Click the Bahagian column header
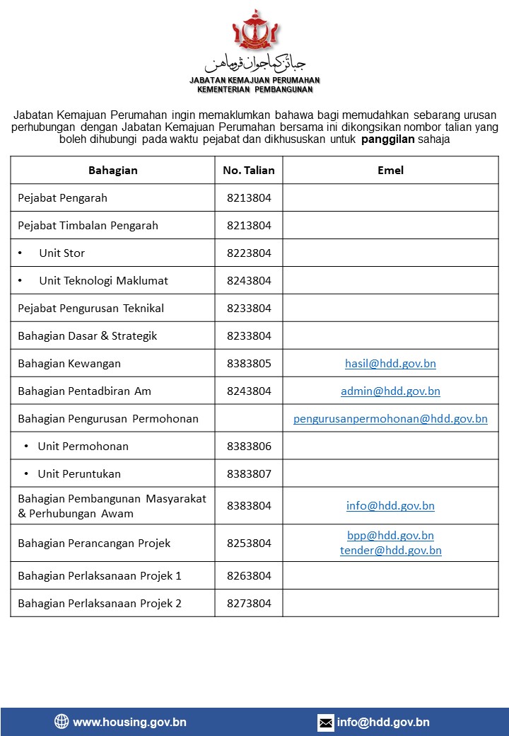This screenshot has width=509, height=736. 113,171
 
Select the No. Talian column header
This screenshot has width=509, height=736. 249,171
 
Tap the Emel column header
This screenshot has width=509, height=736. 391,171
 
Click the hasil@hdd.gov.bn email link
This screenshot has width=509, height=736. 390,364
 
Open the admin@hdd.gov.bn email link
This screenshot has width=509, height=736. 390,391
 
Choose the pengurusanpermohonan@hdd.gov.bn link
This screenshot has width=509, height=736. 390,419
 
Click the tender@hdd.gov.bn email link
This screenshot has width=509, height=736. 390,551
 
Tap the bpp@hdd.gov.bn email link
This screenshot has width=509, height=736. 390,536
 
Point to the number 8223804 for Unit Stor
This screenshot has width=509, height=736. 249,253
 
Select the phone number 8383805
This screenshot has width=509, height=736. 249,364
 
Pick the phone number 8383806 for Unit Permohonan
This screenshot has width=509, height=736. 249,447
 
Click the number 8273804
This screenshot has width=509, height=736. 249,604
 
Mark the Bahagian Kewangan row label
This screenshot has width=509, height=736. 69,364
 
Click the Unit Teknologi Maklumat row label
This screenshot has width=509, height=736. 103,281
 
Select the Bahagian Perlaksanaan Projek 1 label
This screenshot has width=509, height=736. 100,576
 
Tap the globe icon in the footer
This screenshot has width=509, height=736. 62,722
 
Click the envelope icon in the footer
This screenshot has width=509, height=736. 326,723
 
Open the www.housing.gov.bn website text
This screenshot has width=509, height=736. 129,723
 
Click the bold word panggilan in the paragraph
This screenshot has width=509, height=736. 387,139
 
